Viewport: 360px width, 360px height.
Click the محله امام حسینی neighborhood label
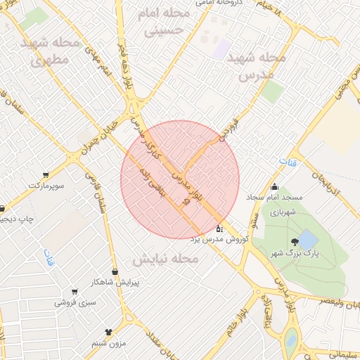[x=167, y=22]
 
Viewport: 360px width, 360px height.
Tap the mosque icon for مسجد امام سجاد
[x=274, y=187]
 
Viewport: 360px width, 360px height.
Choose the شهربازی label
[x=288, y=210]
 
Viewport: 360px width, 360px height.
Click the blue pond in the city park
[x=307, y=240]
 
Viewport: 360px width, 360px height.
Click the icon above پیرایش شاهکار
[x=115, y=272]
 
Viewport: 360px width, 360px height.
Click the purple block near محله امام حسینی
[x=223, y=48]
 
